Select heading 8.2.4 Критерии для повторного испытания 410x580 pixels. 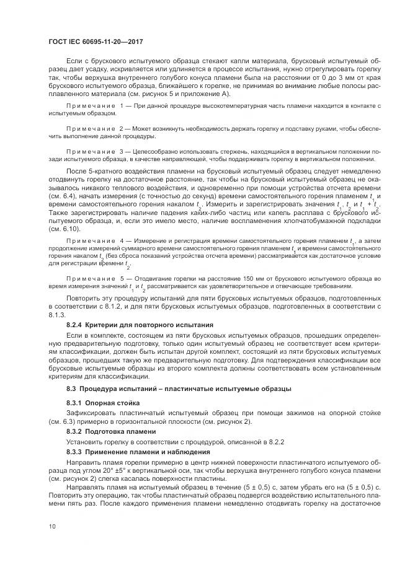click(140, 325)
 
